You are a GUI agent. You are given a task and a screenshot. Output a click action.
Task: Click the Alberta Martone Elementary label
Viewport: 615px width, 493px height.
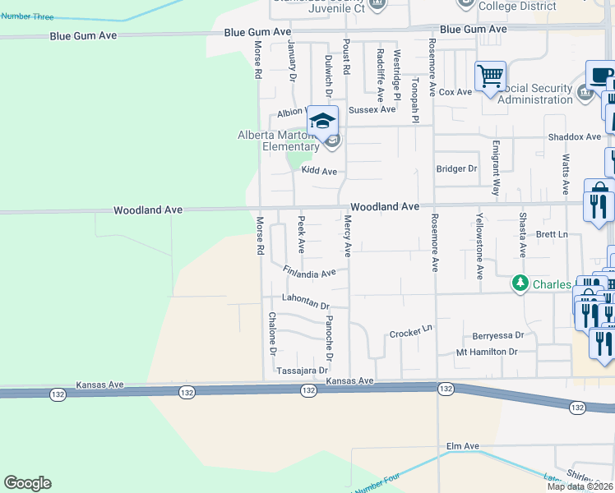pos(278,141)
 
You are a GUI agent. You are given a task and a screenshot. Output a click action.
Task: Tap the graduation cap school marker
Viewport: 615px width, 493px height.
pos(323,121)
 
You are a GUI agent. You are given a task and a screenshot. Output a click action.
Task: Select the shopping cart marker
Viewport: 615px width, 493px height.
pos(490,76)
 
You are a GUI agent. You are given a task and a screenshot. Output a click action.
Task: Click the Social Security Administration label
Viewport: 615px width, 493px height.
pos(535,94)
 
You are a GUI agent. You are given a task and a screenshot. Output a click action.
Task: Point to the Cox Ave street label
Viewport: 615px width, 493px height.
pos(455,92)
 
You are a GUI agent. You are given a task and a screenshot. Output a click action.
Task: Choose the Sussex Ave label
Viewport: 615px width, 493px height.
pos(372,109)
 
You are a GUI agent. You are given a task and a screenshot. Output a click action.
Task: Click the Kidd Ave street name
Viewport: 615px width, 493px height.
pos(319,171)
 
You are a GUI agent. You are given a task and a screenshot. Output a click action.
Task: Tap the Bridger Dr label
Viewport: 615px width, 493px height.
pos(456,168)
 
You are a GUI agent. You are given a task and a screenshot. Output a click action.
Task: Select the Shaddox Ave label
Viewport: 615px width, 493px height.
pos(575,136)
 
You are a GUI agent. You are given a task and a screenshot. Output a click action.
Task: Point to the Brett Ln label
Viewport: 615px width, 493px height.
pos(552,235)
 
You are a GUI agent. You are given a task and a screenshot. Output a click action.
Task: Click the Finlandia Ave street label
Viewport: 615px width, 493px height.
pos(309,271)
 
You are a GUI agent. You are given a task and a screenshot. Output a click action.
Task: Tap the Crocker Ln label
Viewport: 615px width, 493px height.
pos(410,332)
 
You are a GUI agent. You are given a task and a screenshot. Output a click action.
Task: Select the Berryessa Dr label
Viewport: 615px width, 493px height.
pos(498,335)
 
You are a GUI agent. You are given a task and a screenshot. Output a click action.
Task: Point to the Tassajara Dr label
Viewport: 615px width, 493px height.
pos(302,371)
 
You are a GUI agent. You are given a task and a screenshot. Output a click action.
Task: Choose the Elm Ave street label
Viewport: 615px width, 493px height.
pos(462,446)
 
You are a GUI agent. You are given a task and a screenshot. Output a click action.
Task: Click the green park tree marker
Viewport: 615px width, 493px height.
pos(520,283)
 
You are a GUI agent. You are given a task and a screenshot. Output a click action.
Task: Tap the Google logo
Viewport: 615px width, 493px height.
pos(27,482)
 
